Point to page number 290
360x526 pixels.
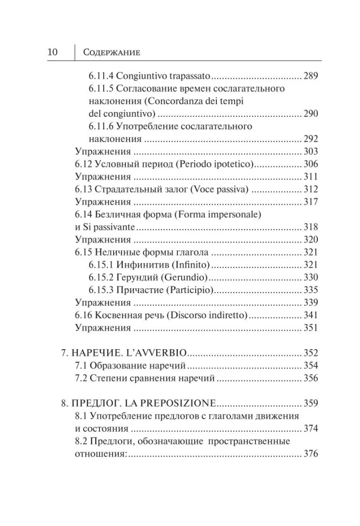tap(311, 114)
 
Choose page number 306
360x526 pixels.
tap(311, 164)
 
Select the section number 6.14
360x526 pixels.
tap(84, 214)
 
